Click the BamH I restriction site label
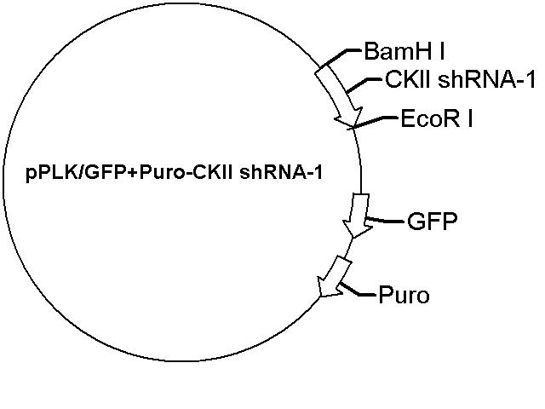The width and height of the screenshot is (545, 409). tap(404, 51)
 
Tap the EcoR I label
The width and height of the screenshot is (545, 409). tap(437, 118)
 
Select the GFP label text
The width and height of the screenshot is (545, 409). tap(432, 222)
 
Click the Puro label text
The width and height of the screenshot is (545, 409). tap(404, 296)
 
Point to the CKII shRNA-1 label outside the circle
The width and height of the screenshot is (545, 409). tap(460, 80)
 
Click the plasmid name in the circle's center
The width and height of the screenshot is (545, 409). tap(174, 172)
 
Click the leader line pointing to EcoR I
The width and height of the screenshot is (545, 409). tap(374, 122)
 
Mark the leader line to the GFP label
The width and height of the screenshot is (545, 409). tap(384, 220)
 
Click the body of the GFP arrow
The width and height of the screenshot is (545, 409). tap(359, 207)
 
